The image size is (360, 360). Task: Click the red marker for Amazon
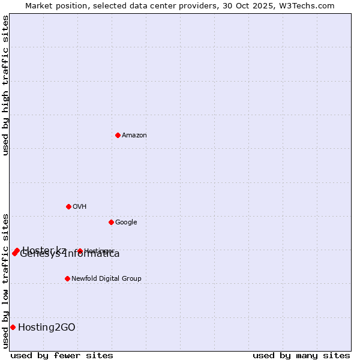coord(118,135)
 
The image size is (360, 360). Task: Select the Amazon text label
coord(134,136)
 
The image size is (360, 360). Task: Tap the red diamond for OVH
coord(68,206)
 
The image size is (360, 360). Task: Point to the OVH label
coord(80,207)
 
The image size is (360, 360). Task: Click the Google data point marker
coord(111,222)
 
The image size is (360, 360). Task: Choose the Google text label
coord(126,223)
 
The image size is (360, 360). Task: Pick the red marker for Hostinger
coord(80,251)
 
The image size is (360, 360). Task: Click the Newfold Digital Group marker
coord(67,278)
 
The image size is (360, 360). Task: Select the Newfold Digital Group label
coord(106,279)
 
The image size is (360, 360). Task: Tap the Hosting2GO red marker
coord(13,327)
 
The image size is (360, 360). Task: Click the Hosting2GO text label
coord(47,327)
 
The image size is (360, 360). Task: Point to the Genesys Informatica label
coord(70,254)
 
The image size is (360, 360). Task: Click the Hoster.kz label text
coord(44,249)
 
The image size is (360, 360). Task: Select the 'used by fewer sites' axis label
coord(62,355)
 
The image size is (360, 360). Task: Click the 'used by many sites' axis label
coord(301,355)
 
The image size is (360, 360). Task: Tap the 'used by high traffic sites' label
coord(5,85)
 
